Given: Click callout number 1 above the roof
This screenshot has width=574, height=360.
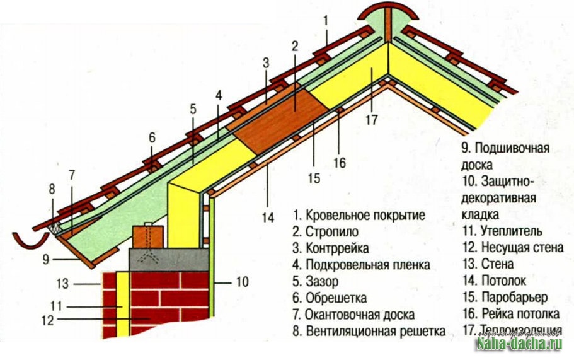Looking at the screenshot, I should (326, 20).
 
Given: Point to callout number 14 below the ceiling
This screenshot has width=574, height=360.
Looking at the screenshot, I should (268, 218).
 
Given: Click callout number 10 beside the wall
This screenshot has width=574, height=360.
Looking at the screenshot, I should (243, 281).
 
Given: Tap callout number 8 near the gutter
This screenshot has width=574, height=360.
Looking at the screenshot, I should (52, 188).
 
